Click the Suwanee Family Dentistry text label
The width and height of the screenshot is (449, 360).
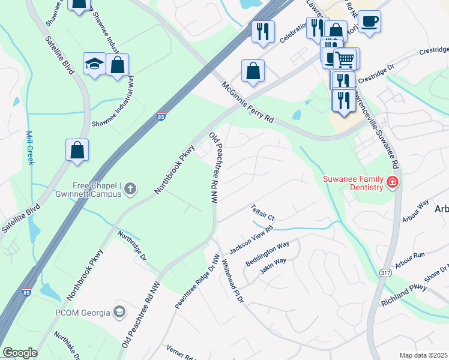(353, 183)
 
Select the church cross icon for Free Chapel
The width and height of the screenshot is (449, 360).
(130, 190)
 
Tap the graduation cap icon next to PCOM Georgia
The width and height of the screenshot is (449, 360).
(119, 312)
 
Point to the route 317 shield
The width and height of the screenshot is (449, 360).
(385, 272)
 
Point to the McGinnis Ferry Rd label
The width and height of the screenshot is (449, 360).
(247, 103)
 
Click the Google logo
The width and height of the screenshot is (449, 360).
(20, 353)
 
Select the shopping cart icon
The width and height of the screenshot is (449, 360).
(344, 59)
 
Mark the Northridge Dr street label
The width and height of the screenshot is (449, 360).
(132, 245)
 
